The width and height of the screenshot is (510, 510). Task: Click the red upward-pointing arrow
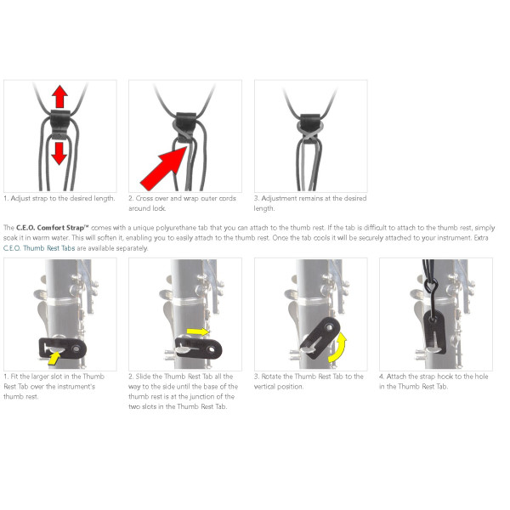[59, 96]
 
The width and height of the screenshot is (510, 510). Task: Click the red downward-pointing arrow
[59, 154]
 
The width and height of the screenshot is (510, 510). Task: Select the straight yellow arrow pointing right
[198, 331]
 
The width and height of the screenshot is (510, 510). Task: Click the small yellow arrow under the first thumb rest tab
[54, 358]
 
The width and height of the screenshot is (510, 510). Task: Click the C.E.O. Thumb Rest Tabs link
[39, 248]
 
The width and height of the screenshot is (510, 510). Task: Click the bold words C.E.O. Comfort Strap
[52, 228]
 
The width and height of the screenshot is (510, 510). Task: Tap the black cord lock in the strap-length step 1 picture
[60, 124]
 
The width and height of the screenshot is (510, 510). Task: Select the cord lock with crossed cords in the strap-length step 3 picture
[310, 127]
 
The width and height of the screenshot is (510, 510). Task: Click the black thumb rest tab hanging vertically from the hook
[435, 331]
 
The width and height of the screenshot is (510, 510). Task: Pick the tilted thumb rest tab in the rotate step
[320, 337]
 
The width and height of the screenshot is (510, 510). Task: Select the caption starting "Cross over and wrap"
[182, 203]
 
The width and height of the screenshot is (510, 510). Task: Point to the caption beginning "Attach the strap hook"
[433, 381]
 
